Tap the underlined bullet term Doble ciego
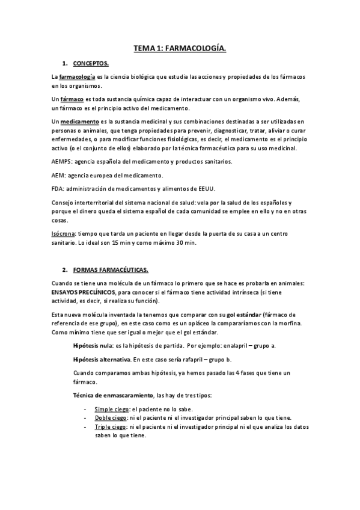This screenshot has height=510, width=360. (110, 417)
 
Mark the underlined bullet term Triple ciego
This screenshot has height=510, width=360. (111, 426)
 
